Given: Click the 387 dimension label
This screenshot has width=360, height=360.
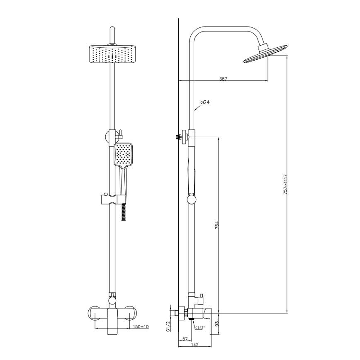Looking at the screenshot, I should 223,78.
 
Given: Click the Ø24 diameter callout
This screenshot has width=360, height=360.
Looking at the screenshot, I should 204,102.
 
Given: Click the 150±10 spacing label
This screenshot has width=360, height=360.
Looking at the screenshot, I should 141,327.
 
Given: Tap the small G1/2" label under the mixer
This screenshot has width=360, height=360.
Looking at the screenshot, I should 200,328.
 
